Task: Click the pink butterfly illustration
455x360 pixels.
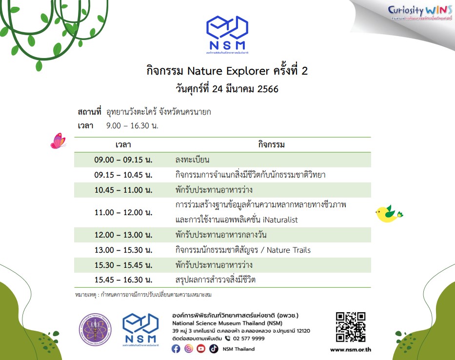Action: (x=58, y=141)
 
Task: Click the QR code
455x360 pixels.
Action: (x=351, y=327)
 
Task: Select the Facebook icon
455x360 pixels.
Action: (x=176, y=349)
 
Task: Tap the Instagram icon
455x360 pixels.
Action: (x=188, y=349)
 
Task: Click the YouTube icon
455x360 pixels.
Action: (x=201, y=349)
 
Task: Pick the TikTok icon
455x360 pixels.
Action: (x=214, y=349)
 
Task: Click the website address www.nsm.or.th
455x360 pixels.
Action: (x=351, y=349)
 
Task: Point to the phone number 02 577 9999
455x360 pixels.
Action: (x=249, y=338)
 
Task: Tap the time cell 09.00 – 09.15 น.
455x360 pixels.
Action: (x=123, y=160)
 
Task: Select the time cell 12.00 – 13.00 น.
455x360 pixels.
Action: (x=123, y=235)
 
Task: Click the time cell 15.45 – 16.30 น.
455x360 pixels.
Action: (x=123, y=280)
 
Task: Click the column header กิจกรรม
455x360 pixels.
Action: (x=271, y=145)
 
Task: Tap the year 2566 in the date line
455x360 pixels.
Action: (x=268, y=89)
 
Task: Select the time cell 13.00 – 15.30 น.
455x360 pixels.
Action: (x=123, y=250)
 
